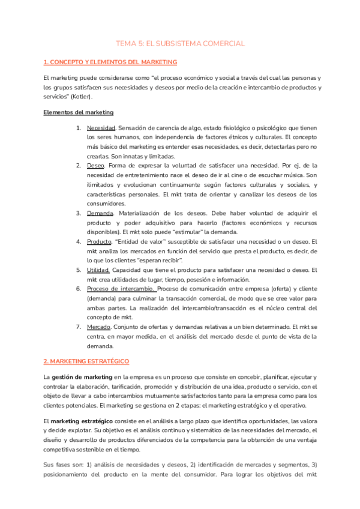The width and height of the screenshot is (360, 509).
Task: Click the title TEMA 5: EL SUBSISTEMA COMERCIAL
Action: click(x=180, y=44)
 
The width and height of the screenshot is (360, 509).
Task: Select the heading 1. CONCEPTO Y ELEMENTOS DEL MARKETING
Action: click(x=110, y=62)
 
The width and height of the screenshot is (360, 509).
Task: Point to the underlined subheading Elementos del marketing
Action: click(x=79, y=112)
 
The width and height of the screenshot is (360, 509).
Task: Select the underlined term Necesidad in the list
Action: click(x=101, y=128)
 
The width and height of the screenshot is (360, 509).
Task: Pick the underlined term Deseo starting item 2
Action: click(x=96, y=164)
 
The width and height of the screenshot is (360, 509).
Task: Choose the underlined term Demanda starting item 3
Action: click(x=100, y=213)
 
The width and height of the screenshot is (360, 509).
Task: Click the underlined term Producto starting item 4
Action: click(x=100, y=241)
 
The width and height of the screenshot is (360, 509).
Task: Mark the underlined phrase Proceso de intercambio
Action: click(x=120, y=289)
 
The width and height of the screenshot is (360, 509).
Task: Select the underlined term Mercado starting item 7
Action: click(x=99, y=327)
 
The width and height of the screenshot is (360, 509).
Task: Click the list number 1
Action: click(x=79, y=128)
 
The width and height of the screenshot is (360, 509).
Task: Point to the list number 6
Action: click(x=79, y=289)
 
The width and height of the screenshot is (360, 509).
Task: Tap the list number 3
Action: click(x=79, y=213)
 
